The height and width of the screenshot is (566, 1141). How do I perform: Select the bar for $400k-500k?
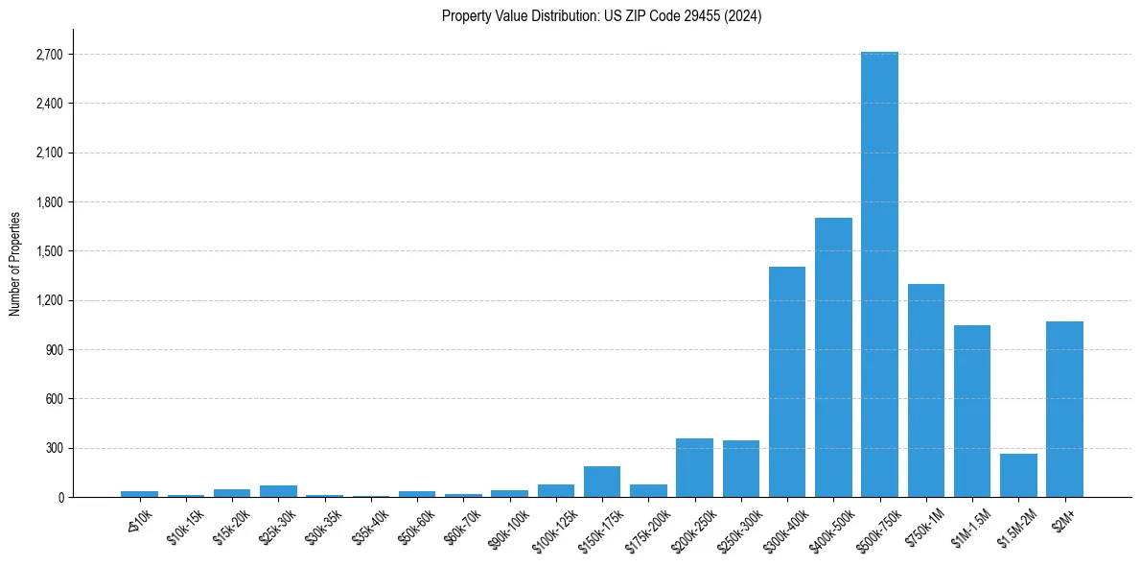click(x=833, y=357)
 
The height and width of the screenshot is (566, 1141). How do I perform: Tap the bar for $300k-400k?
click(x=787, y=382)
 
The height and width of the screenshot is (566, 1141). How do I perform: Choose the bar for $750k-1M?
click(x=926, y=390)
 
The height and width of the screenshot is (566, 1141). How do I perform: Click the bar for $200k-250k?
click(x=694, y=467)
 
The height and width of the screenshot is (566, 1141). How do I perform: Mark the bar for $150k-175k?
click(x=602, y=482)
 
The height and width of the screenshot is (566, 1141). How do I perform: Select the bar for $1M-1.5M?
click(x=972, y=411)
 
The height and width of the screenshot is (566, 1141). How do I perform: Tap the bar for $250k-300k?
click(x=741, y=468)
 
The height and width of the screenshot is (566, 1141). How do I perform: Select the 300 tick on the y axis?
click(x=54, y=448)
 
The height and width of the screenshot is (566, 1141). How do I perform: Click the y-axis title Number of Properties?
click(x=15, y=263)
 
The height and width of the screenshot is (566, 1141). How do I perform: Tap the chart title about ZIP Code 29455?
click(x=601, y=15)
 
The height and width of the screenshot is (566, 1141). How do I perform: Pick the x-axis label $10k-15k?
click(x=185, y=527)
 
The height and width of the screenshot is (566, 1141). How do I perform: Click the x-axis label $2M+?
click(x=1062, y=521)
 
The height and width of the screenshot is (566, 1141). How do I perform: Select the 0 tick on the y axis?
click(x=59, y=497)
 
